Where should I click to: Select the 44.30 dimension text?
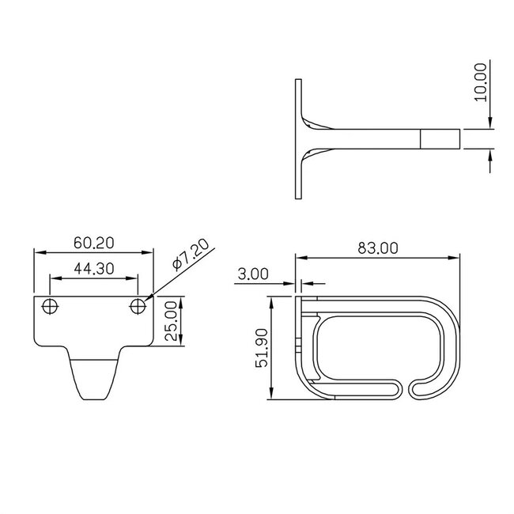93,269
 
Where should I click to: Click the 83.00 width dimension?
377,248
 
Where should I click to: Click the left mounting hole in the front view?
51,306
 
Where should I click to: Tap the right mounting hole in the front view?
138,306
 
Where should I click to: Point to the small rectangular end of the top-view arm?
440,139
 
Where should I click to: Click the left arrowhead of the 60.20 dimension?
36,251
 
